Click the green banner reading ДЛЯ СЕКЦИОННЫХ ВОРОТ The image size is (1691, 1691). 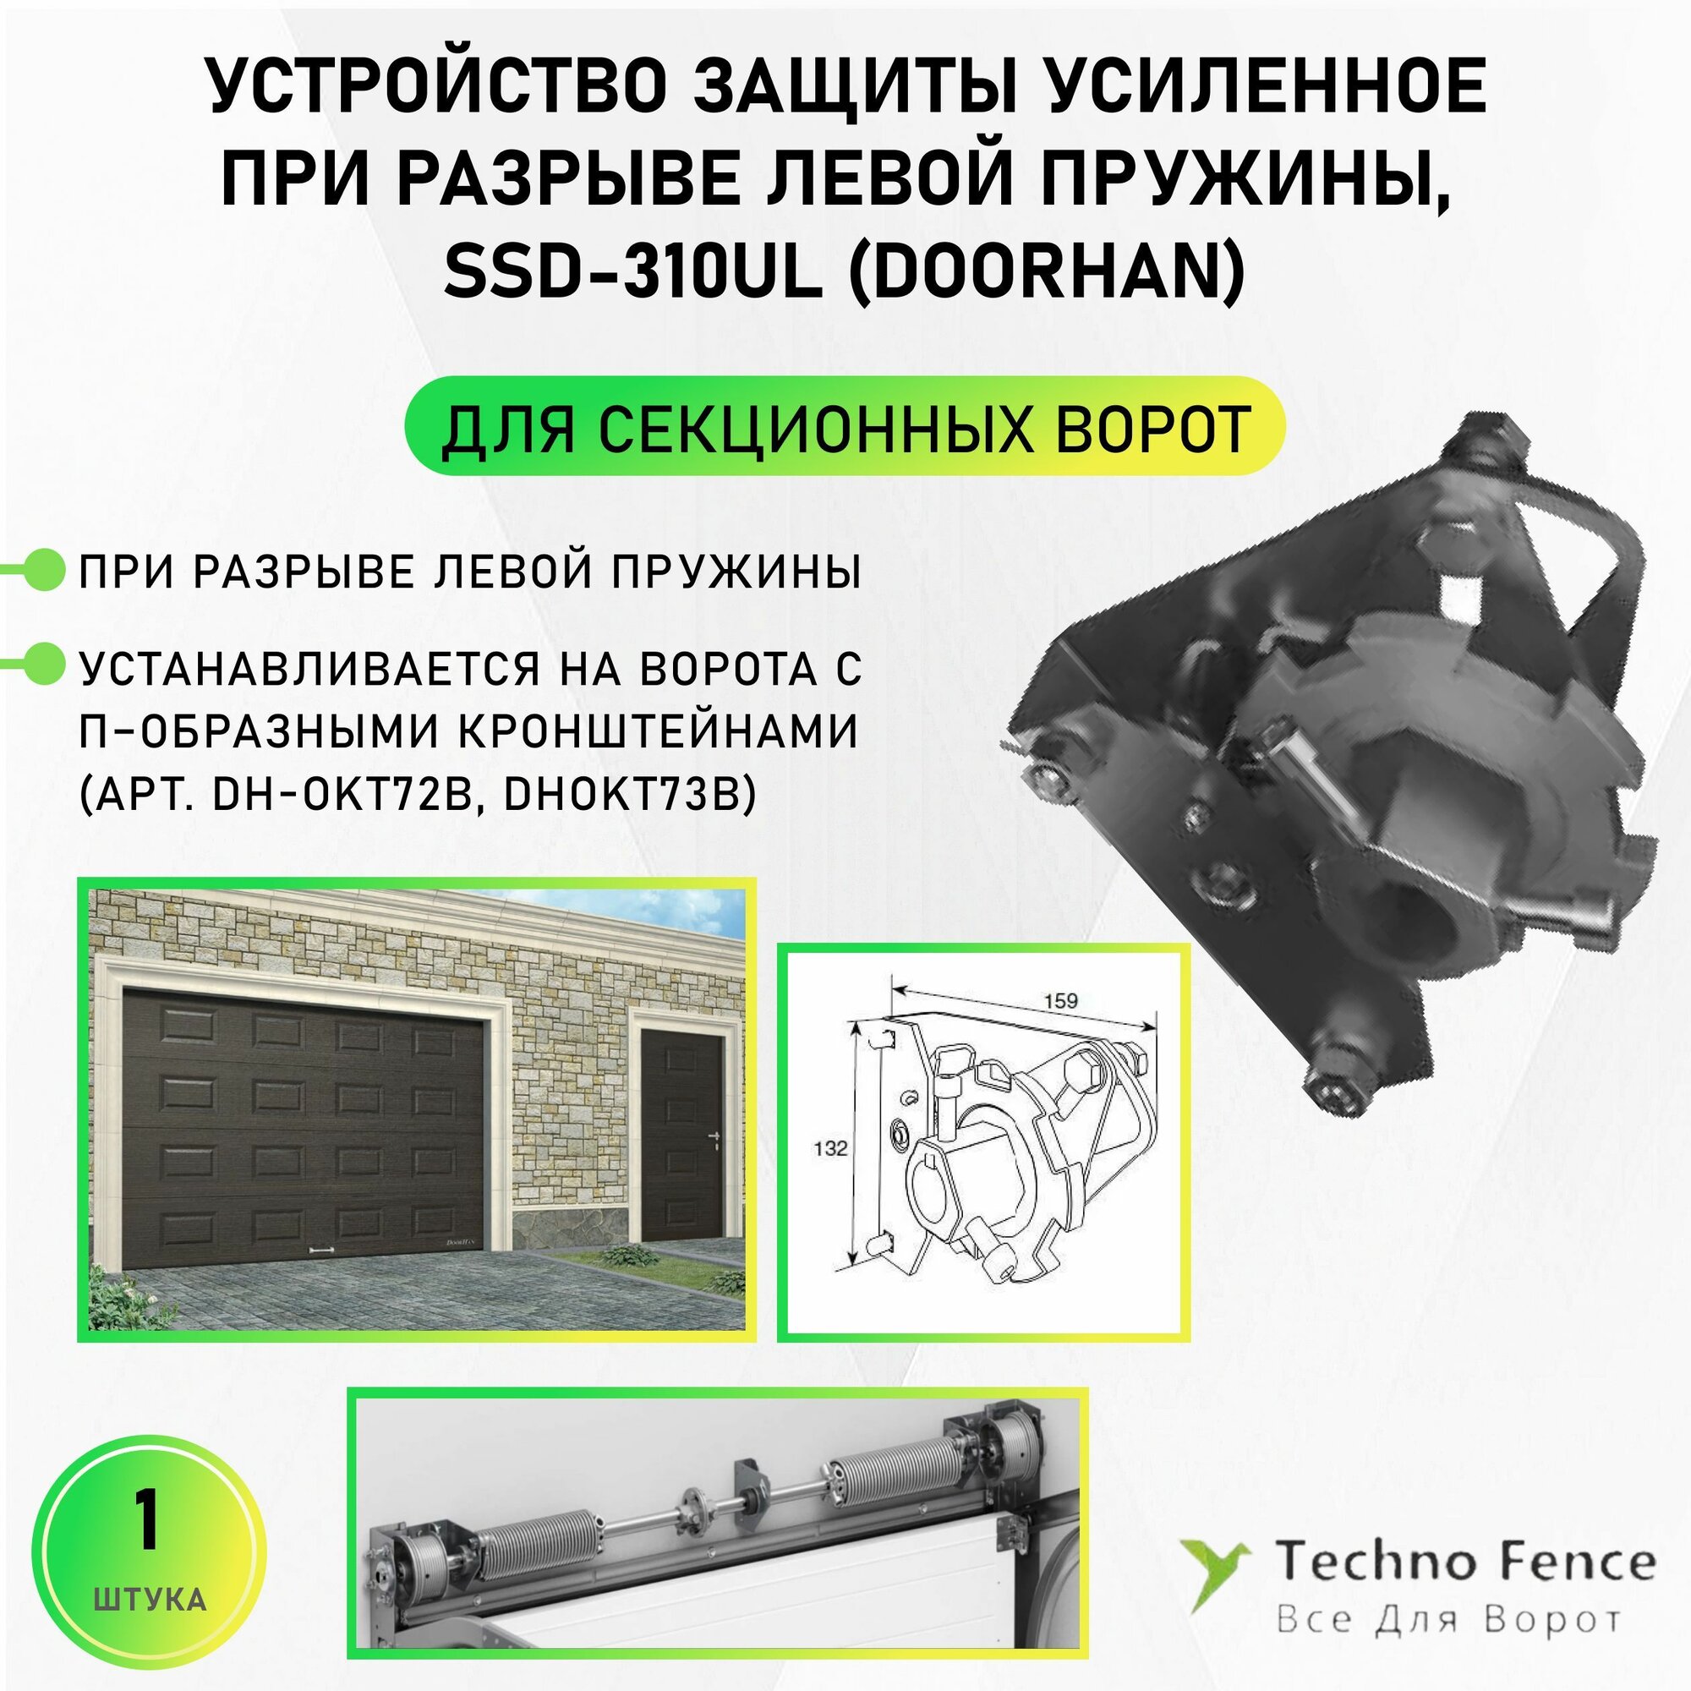pos(845,426)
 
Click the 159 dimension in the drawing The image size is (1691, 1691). pos(1061,1000)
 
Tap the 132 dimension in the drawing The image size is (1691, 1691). pos(829,1147)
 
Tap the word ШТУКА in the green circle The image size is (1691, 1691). pos(149,1600)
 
